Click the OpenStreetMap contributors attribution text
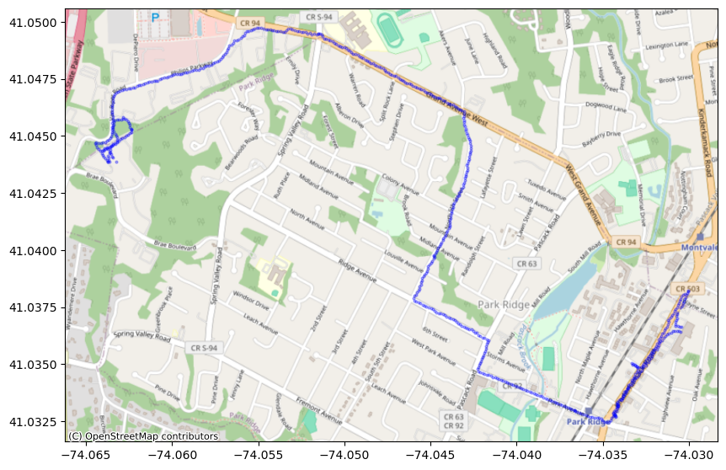(x=143, y=436)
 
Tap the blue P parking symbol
(x=155, y=16)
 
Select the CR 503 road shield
(x=687, y=290)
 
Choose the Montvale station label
(x=701, y=247)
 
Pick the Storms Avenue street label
(x=504, y=364)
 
